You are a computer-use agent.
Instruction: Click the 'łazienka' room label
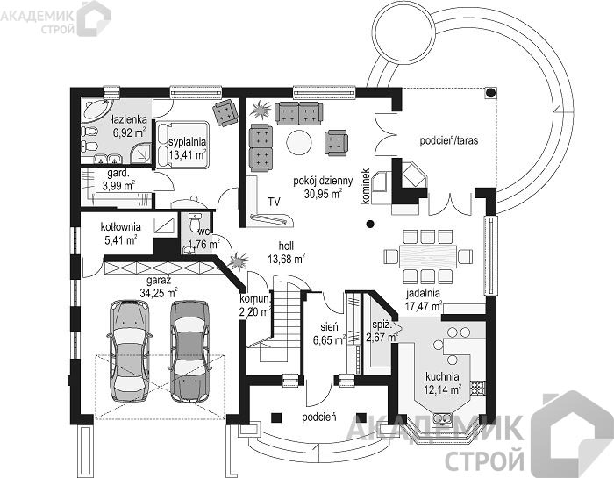pyautogui.click(x=129, y=119)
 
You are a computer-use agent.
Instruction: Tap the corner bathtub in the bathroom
pyautogui.click(x=96, y=110)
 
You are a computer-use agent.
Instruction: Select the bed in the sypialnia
pyautogui.click(x=182, y=145)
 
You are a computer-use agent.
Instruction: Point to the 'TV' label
pyautogui.click(x=274, y=202)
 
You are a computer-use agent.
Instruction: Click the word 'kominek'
pyautogui.click(x=366, y=186)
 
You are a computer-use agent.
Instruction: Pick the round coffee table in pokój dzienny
pyautogui.click(x=299, y=142)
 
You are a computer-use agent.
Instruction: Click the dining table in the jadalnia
pyautogui.click(x=428, y=256)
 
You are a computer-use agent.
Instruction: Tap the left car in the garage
pyautogui.click(x=128, y=351)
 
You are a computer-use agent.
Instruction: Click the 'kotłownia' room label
pyautogui.click(x=121, y=226)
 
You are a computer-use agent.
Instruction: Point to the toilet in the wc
pyautogui.click(x=194, y=222)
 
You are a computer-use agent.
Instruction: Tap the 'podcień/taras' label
pyautogui.click(x=449, y=140)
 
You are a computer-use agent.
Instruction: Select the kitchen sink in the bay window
pyautogui.click(x=443, y=419)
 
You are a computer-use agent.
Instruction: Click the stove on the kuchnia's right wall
pyautogui.click(x=478, y=388)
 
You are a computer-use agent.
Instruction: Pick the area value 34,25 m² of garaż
pyautogui.click(x=159, y=292)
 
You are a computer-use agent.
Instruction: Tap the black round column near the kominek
pyautogui.click(x=369, y=224)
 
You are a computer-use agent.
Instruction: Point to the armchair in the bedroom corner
pyautogui.click(x=225, y=113)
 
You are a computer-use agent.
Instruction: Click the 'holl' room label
pyautogui.click(x=286, y=246)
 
